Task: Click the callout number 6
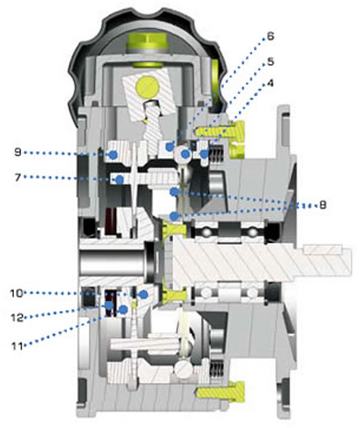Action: coord(270,36)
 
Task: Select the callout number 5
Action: coord(270,61)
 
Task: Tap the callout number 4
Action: coord(270,83)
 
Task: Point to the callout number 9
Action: coord(18,152)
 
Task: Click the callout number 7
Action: coord(18,178)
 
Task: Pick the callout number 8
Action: coord(323,205)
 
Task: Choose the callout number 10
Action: coord(16,293)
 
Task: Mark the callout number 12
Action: coord(17,317)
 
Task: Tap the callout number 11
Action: coord(17,346)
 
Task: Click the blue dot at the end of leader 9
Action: coord(113,155)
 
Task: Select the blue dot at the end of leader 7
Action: coord(119,180)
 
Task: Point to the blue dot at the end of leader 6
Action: coord(170,147)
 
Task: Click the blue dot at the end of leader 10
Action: coord(143,294)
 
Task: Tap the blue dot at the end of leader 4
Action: coord(204,154)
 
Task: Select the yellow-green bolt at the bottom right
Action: coord(220,392)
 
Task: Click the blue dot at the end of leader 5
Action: coord(186,154)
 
